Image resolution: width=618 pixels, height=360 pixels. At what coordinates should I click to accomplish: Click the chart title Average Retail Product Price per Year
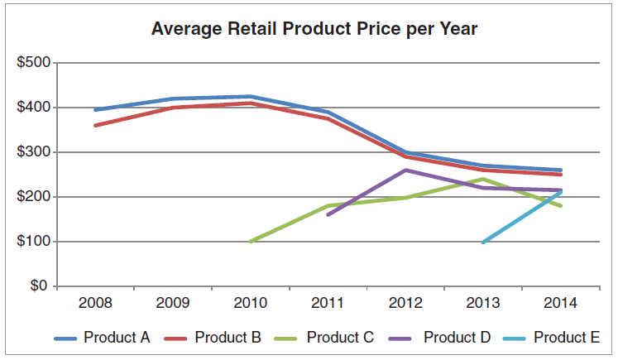[x=314, y=30]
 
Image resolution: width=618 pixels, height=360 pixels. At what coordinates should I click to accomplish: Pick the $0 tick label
[x=40, y=286]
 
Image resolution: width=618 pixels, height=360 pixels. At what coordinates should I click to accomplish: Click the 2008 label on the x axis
[x=95, y=303]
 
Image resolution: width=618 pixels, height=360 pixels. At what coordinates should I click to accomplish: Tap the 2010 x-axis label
[x=250, y=303]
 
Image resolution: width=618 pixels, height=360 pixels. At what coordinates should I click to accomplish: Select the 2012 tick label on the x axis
[x=405, y=303]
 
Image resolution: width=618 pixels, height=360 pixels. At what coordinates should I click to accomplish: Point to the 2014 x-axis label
[x=559, y=303]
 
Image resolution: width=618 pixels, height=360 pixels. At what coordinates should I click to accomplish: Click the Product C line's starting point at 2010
[x=250, y=242]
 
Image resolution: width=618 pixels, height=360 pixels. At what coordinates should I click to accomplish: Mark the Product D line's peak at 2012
[x=405, y=170]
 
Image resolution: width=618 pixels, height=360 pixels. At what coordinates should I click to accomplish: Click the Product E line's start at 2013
[x=482, y=242]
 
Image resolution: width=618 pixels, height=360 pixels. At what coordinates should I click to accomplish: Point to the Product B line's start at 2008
[x=95, y=126]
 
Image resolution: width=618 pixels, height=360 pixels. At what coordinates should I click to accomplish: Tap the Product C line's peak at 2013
[x=482, y=179]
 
